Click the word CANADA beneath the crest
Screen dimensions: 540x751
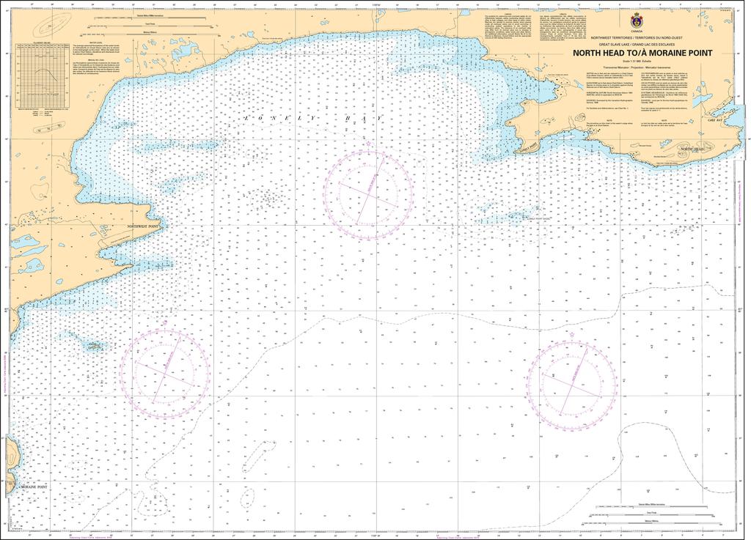(x=636, y=33)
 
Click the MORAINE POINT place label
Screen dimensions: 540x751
(x=33, y=487)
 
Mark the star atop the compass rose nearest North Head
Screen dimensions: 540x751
(x=571, y=336)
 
